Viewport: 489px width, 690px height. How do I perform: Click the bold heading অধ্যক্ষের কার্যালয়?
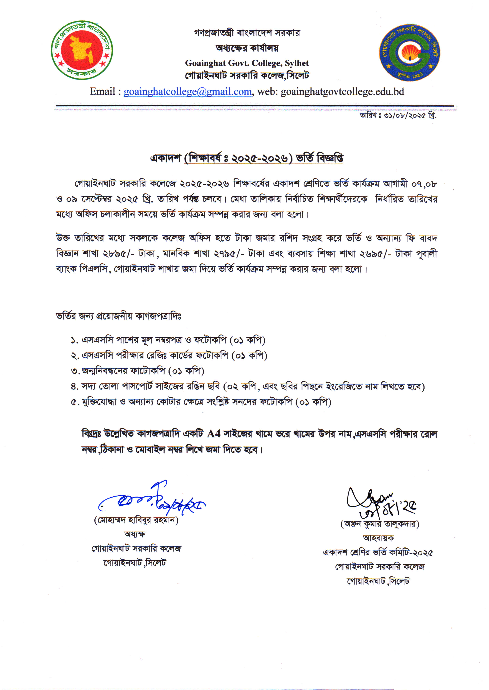[247, 48]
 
